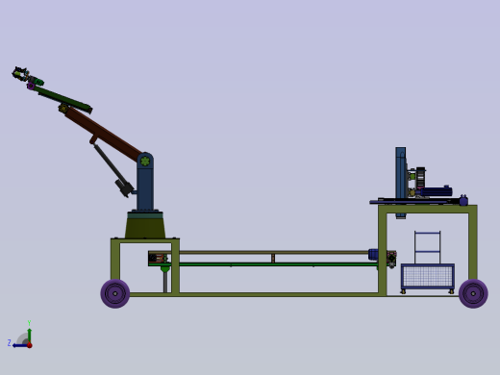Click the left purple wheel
coord(115,293)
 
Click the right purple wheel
coord(473,293)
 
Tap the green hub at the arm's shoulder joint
coord(145,162)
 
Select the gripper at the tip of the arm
coord(20,73)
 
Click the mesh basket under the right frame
coord(427,277)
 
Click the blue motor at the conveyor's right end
coord(373,255)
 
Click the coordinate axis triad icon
coord(24,339)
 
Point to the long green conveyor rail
coord(269,263)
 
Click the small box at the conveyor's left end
coord(156,258)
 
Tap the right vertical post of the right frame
coord(472,244)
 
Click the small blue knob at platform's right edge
coord(463,200)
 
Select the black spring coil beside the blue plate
coord(420,179)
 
